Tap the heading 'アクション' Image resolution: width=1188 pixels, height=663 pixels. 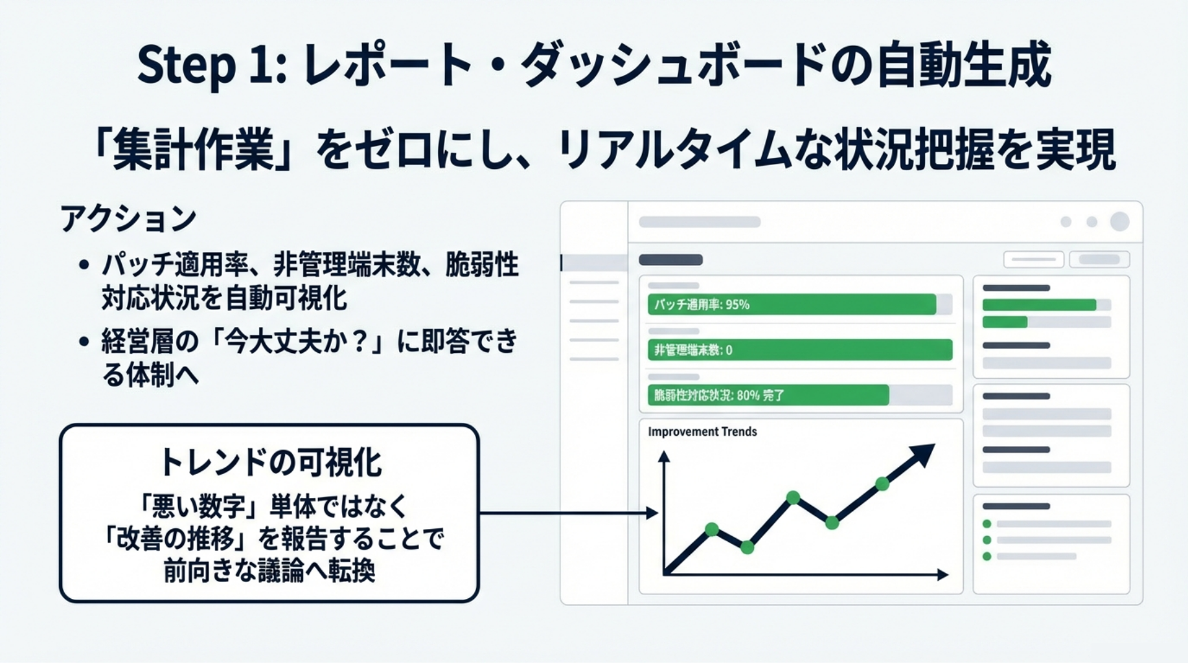[128, 218]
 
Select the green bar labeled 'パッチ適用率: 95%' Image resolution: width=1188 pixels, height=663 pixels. [792, 304]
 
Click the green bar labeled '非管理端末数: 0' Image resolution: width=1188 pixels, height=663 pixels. [799, 350]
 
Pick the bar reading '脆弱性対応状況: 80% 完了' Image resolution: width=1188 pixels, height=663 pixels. [768, 395]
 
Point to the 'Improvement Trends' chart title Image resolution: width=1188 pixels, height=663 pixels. [702, 432]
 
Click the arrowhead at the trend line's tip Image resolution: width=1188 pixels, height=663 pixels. [923, 454]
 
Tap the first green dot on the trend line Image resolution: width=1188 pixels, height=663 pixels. [712, 530]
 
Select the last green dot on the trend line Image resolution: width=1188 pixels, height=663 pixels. [882, 483]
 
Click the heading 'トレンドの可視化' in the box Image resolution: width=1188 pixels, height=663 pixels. [270, 462]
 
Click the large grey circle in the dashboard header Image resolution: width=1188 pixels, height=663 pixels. [1119, 221]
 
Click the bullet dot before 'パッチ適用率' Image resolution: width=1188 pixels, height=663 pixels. [84, 265]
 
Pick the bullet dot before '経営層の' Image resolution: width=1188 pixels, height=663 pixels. [84, 341]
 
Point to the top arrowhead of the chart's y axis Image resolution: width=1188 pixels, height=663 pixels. [664, 456]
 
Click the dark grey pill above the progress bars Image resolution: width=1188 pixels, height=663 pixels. [670, 260]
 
